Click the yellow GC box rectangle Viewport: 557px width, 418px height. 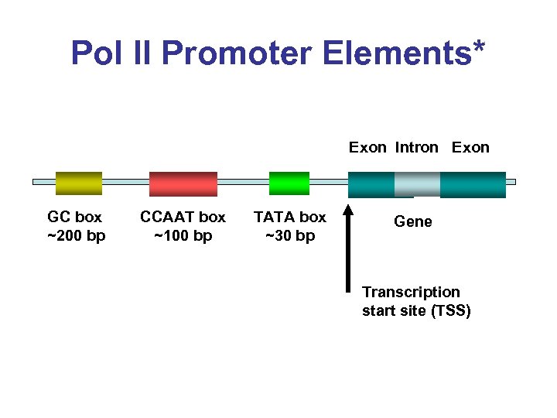point(78,183)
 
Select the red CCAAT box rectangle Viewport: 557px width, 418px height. point(183,183)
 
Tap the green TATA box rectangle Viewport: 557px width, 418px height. point(289,183)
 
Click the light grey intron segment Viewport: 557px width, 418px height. point(417,184)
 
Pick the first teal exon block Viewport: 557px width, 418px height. point(371,184)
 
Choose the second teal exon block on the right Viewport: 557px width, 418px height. point(472,184)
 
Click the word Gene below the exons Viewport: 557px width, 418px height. point(413,222)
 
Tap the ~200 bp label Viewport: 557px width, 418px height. point(76,235)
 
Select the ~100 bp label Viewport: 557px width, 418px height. point(183,235)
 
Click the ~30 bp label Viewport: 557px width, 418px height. point(290,235)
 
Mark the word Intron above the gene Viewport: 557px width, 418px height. point(416,148)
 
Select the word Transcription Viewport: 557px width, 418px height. point(411,292)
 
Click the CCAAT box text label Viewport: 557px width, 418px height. point(183,217)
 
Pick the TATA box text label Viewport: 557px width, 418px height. point(290,217)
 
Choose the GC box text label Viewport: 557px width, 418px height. point(75,217)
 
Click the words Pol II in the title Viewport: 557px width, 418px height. point(113,53)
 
